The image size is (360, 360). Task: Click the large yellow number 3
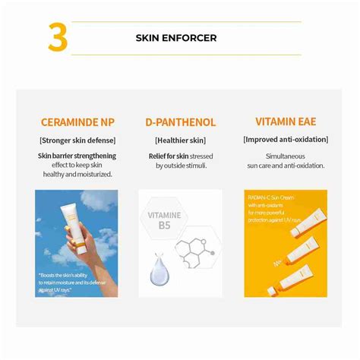[58, 38]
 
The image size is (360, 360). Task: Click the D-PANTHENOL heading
[180, 122]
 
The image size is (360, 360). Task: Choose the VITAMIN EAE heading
[285, 122]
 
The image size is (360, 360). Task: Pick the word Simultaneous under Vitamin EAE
[285, 155]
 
